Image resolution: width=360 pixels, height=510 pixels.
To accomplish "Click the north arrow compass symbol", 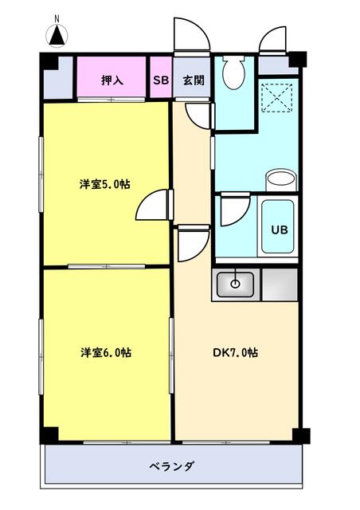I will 57,34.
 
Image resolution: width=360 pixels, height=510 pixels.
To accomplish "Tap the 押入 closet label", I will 111,80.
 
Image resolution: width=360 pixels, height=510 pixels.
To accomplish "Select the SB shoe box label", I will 161,80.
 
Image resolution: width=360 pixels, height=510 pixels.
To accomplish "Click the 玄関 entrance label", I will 192,80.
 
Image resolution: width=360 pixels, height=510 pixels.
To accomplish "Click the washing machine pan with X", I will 279,98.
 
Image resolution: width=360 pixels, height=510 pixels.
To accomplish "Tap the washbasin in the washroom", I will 280,179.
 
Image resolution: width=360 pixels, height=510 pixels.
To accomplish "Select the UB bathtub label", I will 279,229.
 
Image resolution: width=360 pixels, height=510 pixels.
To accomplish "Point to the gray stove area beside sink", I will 279,284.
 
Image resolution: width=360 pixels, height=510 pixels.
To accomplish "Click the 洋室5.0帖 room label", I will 104,184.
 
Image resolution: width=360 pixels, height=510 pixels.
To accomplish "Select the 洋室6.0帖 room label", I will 105,352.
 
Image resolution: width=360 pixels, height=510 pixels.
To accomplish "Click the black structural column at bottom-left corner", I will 49,434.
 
